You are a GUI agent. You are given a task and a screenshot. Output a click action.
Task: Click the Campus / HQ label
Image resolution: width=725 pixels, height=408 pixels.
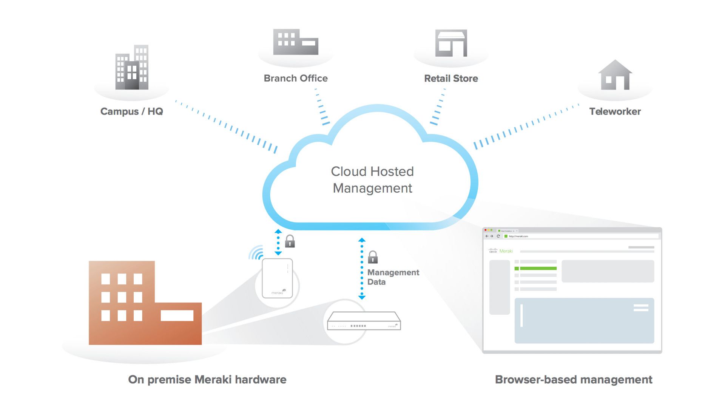(131, 111)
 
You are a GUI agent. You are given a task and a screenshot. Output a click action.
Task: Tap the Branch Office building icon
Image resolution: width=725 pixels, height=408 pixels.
(296, 42)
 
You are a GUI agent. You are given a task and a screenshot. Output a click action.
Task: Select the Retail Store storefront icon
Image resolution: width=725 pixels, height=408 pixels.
(451, 43)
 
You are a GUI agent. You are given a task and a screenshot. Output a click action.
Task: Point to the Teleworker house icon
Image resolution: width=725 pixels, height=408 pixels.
(615, 75)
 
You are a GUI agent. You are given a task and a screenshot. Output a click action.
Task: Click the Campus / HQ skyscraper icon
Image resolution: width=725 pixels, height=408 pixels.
(132, 68)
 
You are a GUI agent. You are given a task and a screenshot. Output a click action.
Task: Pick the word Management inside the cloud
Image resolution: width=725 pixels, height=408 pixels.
(372, 188)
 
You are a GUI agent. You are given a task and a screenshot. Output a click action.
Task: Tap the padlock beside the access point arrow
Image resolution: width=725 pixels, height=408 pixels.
(290, 241)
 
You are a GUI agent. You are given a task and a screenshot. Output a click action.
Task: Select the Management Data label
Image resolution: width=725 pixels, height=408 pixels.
(393, 277)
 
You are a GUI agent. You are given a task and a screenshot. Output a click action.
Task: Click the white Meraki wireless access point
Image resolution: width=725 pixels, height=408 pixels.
(277, 278)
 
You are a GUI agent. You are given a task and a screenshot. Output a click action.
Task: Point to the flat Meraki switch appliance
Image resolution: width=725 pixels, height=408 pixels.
(364, 321)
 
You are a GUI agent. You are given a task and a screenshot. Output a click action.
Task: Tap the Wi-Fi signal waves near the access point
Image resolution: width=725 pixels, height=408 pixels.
(256, 253)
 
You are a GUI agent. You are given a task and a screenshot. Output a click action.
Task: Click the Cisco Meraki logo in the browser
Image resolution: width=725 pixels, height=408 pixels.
(501, 250)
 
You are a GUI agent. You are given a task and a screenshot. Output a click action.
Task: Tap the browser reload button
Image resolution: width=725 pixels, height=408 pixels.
(498, 236)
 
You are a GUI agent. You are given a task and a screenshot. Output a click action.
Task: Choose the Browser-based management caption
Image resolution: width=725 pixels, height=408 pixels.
(573, 379)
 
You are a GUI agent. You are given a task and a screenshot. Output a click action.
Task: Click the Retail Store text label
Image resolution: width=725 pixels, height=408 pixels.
(451, 79)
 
